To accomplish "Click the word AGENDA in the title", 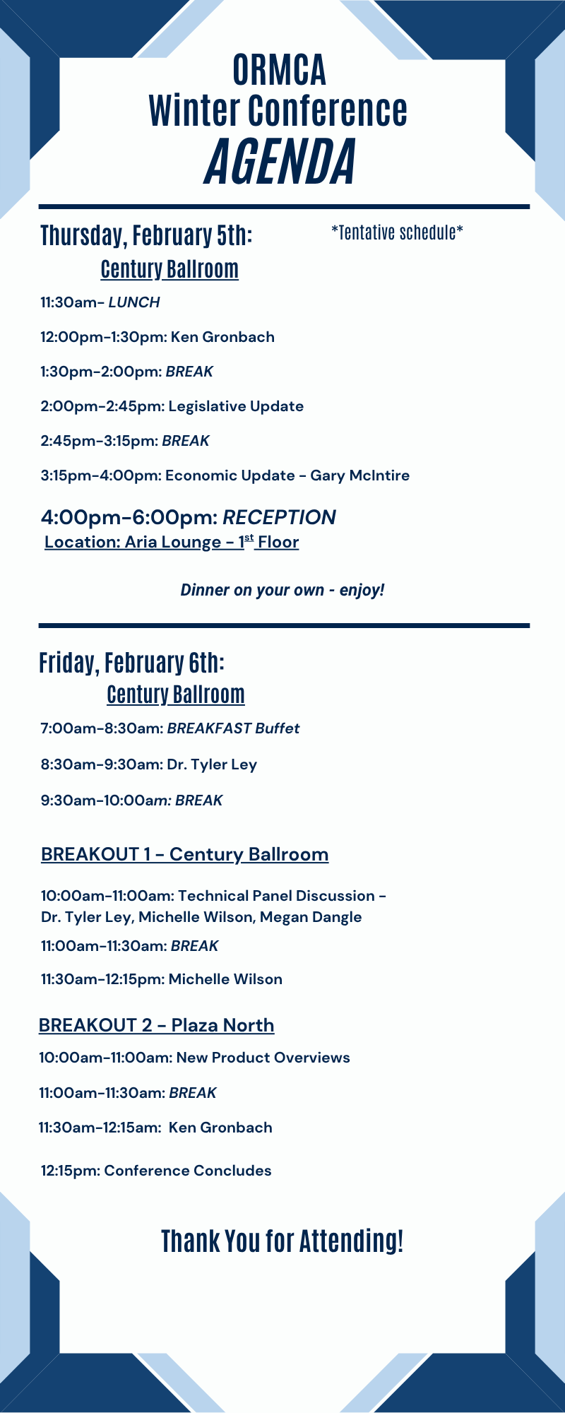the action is coord(280,161).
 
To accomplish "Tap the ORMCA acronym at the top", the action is coord(280,70).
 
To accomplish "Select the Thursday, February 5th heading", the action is coord(146,235).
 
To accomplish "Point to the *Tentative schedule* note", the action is coord(397,232).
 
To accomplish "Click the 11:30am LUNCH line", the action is coord(100,302).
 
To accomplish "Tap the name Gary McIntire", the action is coord(360,475).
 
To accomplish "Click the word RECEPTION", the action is coord(280,517).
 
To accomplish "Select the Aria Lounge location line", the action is coord(172,542).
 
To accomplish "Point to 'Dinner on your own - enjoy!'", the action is coord(282,590).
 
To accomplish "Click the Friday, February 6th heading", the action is coord(132,663).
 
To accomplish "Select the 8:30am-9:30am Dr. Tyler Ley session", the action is coord(149,764).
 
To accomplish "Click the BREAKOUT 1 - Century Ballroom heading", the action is coord(185,854).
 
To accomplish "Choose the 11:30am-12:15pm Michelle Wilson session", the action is coord(162,979).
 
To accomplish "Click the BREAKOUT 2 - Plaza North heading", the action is coord(157,1025).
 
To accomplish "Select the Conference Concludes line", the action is coord(156,1171).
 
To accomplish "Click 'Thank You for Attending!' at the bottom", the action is coord(282,1241).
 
